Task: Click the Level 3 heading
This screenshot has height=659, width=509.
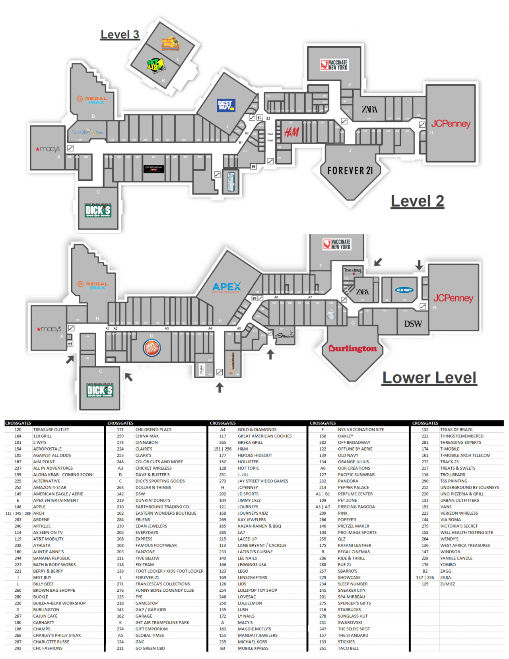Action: [120, 35]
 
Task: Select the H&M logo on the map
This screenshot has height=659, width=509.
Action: [291, 132]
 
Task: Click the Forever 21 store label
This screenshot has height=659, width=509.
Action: [350, 171]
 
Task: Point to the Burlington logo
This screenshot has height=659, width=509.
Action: [352, 348]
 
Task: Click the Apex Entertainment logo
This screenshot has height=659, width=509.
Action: [227, 287]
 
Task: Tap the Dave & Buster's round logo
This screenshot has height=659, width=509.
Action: [151, 348]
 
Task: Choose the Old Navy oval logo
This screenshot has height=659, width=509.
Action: [404, 290]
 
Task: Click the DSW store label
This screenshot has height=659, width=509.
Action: [413, 324]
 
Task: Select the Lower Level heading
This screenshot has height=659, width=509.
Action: [429, 377]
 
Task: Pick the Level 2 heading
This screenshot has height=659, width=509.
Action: [417, 201]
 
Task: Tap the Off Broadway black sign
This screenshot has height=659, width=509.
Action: [153, 168]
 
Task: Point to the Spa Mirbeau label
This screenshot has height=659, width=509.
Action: [87, 132]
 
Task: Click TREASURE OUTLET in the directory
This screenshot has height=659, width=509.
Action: [51, 430]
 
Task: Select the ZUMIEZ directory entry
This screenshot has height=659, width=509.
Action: [447, 584]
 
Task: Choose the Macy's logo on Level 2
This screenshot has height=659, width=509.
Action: [48, 149]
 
